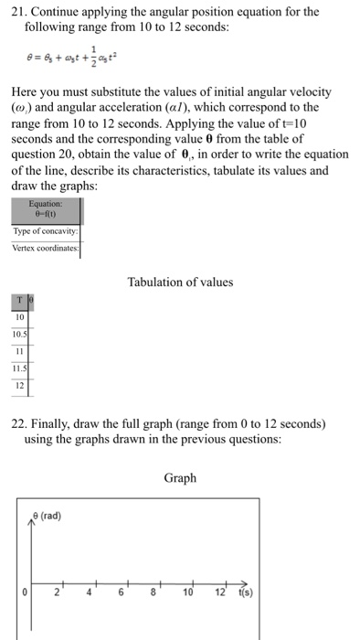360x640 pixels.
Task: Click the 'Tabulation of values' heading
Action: point(180,282)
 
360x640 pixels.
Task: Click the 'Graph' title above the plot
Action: point(180,477)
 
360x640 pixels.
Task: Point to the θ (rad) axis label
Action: point(47,516)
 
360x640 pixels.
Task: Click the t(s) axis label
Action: point(249,591)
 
